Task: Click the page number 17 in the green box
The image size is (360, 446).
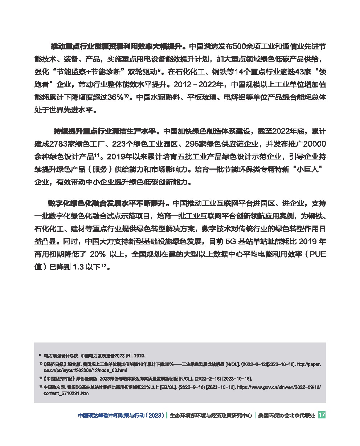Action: [x=322, y=415]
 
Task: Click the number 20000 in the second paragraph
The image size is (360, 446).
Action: [x=314, y=144]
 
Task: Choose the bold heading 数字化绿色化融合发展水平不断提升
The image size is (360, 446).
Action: [x=107, y=203]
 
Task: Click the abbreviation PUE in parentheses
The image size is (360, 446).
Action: [x=317, y=254]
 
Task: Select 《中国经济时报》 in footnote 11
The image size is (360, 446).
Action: [x=59, y=378]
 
